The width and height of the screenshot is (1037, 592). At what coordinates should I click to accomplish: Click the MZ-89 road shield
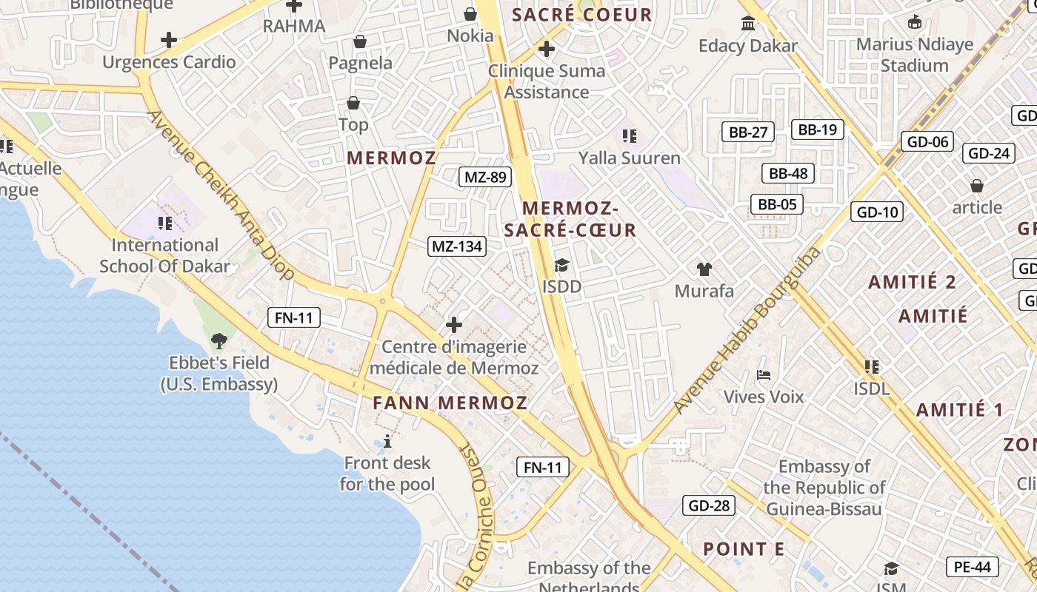coord(485,177)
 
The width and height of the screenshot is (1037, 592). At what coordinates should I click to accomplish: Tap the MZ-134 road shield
coord(457,246)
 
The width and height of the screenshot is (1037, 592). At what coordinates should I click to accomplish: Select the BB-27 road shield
coord(748,132)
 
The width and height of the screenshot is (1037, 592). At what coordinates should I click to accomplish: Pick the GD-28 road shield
coord(710,506)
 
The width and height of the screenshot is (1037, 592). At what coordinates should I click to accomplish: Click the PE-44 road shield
coord(973,567)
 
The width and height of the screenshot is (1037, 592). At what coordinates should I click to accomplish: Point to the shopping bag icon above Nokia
coord(470,13)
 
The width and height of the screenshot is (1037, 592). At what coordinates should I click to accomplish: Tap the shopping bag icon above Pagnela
coord(360,41)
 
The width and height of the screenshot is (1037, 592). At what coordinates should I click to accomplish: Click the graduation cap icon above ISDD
coord(561,264)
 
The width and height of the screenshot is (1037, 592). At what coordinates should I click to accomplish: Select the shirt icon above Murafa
coord(704,269)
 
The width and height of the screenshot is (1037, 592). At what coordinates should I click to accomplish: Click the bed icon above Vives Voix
coord(764,374)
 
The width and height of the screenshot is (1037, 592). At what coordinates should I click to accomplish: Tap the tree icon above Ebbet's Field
coord(219,341)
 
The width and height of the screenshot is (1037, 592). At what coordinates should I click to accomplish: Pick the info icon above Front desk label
coord(387,441)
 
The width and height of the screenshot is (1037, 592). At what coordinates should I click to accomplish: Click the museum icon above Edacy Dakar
coord(748,24)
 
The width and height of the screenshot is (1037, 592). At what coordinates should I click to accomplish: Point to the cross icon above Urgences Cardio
coord(169,39)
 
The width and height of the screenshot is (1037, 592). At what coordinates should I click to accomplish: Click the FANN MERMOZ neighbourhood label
coord(450,403)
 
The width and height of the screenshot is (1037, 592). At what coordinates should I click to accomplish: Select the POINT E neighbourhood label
coord(744,549)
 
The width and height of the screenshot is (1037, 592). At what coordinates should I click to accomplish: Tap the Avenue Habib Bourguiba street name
coord(747,330)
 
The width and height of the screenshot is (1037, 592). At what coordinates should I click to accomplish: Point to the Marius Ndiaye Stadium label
coord(915,55)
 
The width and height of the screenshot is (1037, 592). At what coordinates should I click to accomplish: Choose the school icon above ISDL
coord(872,366)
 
